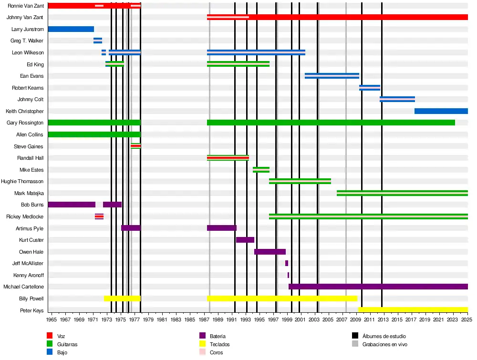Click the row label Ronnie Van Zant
[x=26, y=6]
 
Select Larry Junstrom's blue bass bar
[x=71, y=29]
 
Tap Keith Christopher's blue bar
[x=441, y=111]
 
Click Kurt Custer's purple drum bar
[x=245, y=240]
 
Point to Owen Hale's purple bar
[x=270, y=252]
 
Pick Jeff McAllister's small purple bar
[x=287, y=263]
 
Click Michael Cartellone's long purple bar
[x=378, y=287]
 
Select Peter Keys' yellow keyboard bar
[x=413, y=310]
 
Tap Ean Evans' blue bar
[x=332, y=76]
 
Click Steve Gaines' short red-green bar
[x=135, y=146]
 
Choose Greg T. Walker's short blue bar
[x=98, y=41]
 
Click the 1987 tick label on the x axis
[x=204, y=319]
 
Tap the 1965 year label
[x=52, y=319]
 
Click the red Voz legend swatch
[x=50, y=336]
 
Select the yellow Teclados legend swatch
[x=202, y=344]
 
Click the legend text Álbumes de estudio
[x=384, y=336]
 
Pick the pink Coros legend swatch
[x=202, y=352]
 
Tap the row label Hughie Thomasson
[x=22, y=182]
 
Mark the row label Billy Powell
[x=31, y=298]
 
